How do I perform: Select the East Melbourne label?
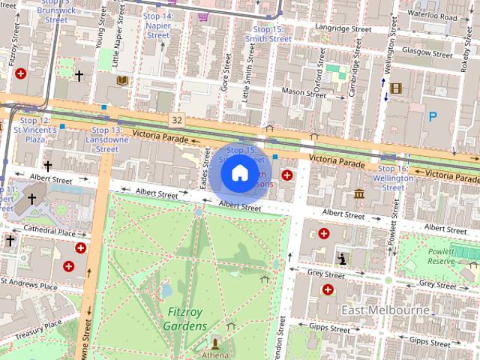(385, 310)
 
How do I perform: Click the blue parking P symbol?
(433, 116)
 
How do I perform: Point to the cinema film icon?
(396, 89)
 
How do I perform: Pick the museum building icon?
(358, 195)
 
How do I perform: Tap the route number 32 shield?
(176, 120)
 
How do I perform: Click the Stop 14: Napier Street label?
(157, 25)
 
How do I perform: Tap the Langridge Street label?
(343, 28)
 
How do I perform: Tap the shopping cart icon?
(202, 16)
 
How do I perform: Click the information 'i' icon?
(342, 259)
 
